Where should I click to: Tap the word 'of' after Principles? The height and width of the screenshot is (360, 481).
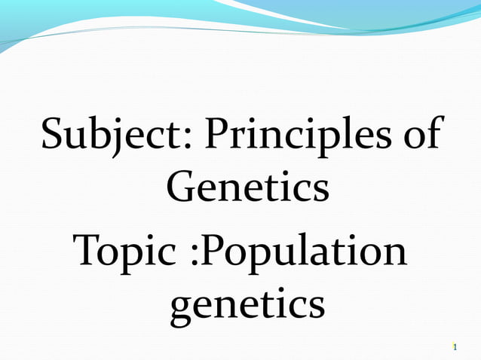coord(424,135)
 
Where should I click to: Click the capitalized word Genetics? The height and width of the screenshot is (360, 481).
coord(248,187)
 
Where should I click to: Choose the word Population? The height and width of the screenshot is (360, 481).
coord(306,254)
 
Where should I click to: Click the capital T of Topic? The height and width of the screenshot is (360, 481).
coord(86,253)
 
